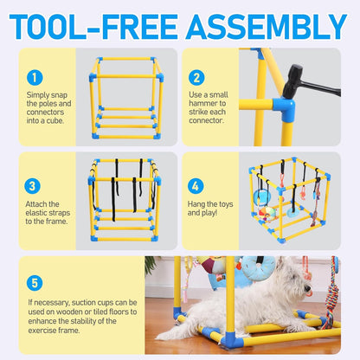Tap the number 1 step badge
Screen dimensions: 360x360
click(34, 78)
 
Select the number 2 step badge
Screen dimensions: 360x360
click(197, 78)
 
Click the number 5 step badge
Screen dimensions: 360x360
click(34, 282)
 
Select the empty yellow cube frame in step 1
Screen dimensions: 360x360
click(126, 95)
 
